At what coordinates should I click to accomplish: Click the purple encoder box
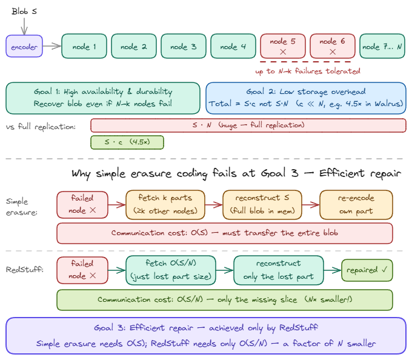point(24,47)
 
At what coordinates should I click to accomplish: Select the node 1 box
point(84,47)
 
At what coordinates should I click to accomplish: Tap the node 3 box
point(183,47)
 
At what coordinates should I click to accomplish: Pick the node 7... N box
point(382,47)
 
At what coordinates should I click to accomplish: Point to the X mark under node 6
point(332,53)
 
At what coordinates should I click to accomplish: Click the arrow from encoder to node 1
point(52,47)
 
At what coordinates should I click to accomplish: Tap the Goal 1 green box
point(103,98)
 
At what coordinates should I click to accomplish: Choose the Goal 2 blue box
point(306,98)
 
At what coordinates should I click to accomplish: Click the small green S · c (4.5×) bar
point(127,142)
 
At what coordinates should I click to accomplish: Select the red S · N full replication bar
point(248,125)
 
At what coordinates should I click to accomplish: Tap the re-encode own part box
point(356,204)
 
